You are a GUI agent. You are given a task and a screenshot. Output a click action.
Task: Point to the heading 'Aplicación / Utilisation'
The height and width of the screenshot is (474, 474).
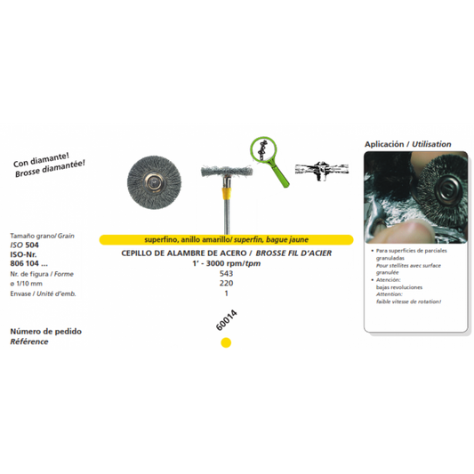[x=407, y=143]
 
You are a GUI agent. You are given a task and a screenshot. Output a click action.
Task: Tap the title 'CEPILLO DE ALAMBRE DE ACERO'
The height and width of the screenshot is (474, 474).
[x=174, y=253]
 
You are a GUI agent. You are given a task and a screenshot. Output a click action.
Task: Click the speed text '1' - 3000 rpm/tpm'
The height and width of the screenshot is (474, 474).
[x=227, y=263]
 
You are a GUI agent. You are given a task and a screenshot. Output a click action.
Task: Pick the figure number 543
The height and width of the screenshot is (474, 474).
[x=226, y=274]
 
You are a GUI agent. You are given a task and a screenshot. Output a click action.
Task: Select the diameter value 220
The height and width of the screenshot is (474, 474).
[x=226, y=284]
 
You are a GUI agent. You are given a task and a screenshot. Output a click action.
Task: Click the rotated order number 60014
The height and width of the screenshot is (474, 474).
[x=225, y=320]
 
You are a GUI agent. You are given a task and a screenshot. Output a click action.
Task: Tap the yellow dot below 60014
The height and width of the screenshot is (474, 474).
[x=226, y=342]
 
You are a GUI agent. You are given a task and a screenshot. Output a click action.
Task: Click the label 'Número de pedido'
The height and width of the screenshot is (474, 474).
[x=45, y=332]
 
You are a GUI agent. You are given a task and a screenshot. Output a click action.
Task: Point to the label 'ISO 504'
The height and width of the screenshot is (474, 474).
[x=25, y=244]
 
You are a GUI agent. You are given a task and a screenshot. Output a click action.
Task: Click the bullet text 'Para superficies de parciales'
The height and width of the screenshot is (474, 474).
[x=414, y=253]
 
